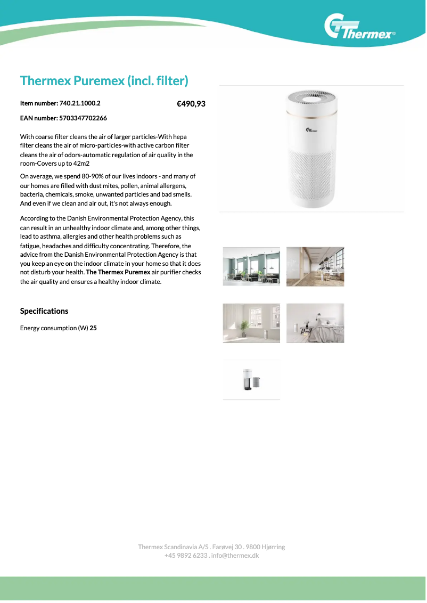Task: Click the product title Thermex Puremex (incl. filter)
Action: (x=104, y=81)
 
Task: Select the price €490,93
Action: (x=191, y=104)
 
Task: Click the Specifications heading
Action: (x=44, y=311)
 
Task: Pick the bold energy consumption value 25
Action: (x=93, y=328)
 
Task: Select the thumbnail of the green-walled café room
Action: (x=251, y=266)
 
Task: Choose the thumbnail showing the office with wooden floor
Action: (x=315, y=266)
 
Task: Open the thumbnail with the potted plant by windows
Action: (x=251, y=323)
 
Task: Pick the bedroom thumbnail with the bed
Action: (x=315, y=323)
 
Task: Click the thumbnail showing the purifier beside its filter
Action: (x=251, y=380)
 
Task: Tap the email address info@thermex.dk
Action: (x=235, y=556)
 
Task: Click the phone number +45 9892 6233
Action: (x=185, y=556)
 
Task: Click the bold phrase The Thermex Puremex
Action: (x=118, y=273)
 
